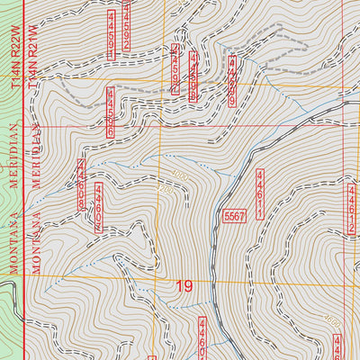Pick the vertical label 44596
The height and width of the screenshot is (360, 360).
pos(112,111)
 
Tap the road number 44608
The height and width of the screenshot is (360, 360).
pos(82,184)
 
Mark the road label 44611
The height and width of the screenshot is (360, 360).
pos(260,193)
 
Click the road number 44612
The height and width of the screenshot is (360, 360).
pos(350,208)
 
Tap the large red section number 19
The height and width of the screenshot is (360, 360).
pos(184,287)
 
